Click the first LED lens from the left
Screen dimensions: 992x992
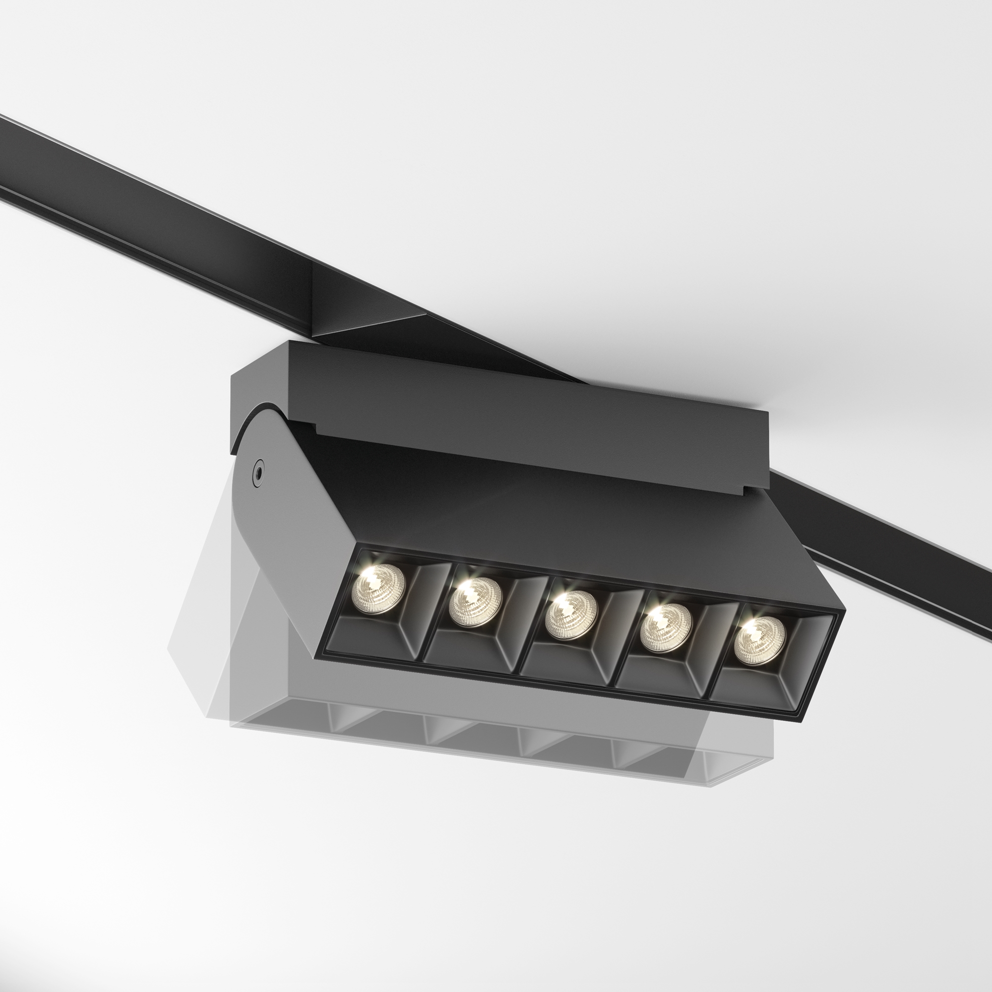[378, 589]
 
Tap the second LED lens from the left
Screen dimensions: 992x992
[475, 602]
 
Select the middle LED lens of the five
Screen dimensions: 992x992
[571, 615]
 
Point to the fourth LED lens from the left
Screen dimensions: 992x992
[666, 628]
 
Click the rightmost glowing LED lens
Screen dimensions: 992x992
[759, 640]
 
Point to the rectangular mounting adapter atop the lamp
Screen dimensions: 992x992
[513, 406]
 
